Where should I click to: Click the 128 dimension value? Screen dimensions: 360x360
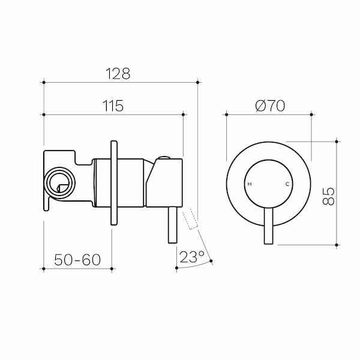coord(118,73)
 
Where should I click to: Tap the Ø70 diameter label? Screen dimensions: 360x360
coord(269,106)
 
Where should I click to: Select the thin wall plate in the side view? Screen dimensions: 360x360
coord(113,183)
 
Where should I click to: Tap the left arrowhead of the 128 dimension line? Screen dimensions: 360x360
coord(47,81)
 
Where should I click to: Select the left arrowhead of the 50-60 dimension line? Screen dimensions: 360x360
coord(47,268)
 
